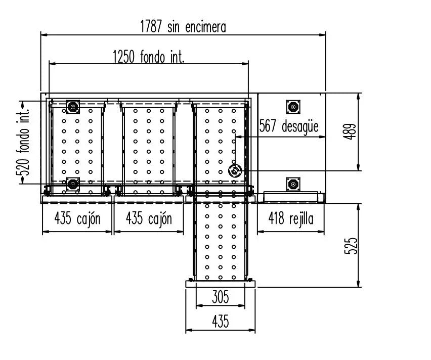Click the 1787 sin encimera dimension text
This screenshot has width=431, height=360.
click(183, 27)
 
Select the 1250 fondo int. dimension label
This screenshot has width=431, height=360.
click(149, 57)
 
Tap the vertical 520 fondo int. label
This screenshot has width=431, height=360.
click(23, 142)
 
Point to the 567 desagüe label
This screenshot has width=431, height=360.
click(289, 126)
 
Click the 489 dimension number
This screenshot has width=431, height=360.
click(350, 131)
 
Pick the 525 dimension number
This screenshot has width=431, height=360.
click(351, 246)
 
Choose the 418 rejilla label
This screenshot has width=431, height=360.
click(291, 219)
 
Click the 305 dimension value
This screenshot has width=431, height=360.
click(221, 297)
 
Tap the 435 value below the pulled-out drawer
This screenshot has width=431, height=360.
click(221, 321)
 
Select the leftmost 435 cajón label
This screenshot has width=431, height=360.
click(77, 219)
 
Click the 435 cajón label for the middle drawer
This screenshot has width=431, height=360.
click(149, 219)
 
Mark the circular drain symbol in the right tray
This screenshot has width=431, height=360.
click(235, 171)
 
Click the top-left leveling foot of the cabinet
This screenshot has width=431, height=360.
click(73, 107)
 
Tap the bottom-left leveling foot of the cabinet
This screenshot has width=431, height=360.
click(73, 185)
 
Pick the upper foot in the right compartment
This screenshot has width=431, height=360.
click(293, 107)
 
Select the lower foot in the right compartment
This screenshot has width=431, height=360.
click(293, 185)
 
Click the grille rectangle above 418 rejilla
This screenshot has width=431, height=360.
click(291, 197)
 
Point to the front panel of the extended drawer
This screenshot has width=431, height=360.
click(221, 284)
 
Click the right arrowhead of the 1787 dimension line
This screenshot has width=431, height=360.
click(322, 35)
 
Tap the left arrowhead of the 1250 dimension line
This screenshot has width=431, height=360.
click(53, 64)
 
